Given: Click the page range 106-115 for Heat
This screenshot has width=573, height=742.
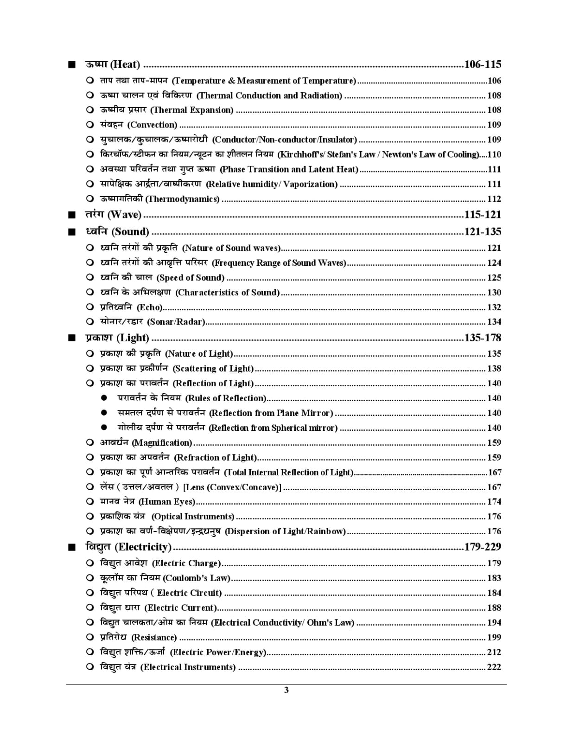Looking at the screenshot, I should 482,64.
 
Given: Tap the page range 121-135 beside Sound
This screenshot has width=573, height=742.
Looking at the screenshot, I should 482,232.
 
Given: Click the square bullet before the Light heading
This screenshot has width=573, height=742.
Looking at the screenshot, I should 71,338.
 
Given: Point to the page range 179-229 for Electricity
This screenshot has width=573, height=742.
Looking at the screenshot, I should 482,547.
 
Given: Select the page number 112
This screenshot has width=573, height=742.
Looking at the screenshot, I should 494,199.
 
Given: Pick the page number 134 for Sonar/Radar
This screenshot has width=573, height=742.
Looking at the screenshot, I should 494,322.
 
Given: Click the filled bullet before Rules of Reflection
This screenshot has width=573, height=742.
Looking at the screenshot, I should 104,398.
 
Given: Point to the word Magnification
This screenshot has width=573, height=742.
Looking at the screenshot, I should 162,442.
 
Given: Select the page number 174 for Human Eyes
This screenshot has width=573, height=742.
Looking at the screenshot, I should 494,502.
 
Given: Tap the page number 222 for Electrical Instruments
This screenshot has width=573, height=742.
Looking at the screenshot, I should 494,667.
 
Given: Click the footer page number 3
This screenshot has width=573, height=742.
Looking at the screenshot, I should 286,690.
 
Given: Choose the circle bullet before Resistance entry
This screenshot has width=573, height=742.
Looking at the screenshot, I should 90,637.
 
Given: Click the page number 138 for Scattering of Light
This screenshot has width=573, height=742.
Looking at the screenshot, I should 494,369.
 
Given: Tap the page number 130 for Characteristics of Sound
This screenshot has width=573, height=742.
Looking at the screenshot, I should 494,293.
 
